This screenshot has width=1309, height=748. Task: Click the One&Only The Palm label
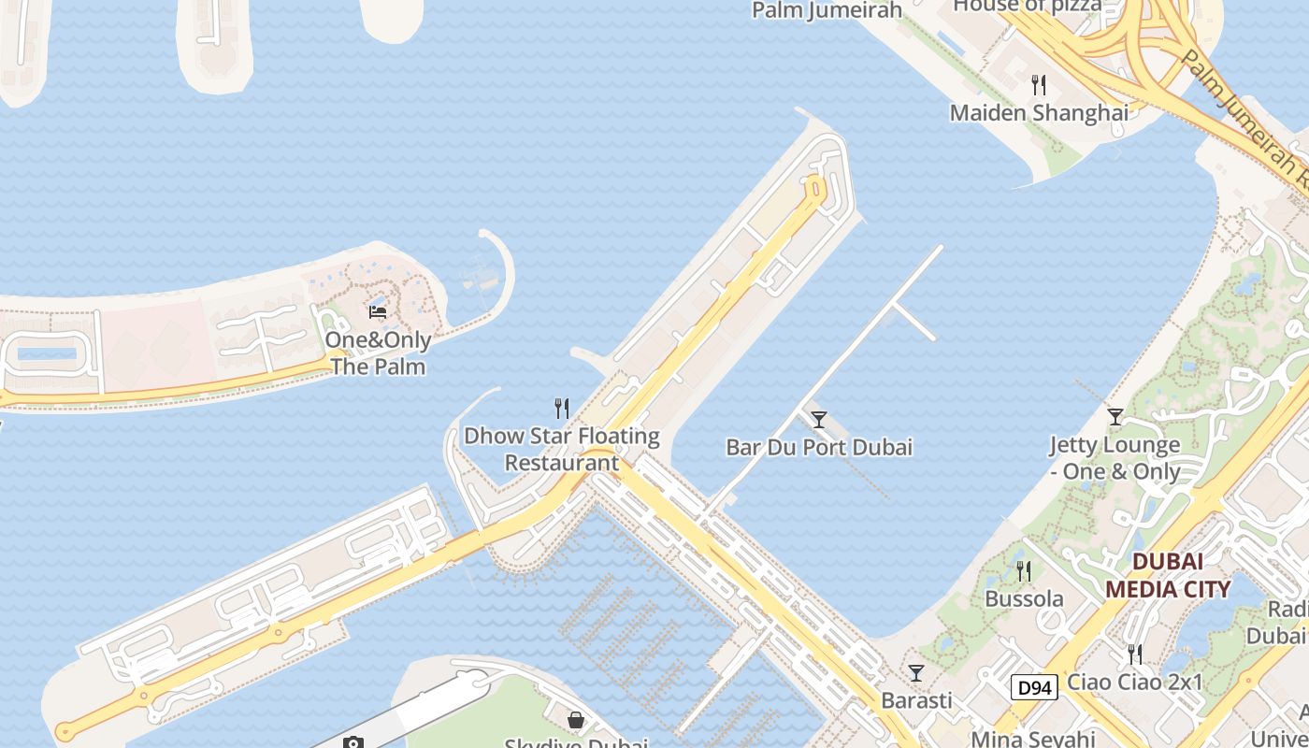(x=378, y=353)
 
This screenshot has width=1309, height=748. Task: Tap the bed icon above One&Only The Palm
(x=378, y=311)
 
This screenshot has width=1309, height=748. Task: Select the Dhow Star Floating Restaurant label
(x=562, y=449)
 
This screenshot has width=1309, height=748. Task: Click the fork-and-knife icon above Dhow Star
(x=562, y=409)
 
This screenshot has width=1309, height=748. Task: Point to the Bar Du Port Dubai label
(x=819, y=447)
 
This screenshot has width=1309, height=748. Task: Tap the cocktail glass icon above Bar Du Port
(x=819, y=420)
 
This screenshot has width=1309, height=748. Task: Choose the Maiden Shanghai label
(x=1039, y=113)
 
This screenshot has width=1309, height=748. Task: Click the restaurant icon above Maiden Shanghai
(x=1039, y=86)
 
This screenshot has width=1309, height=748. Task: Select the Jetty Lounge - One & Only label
(x=1115, y=458)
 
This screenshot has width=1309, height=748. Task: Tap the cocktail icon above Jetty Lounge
(x=1115, y=417)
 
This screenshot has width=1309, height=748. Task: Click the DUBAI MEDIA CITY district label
(x=1168, y=575)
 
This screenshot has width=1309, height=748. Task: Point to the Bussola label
(x=1024, y=598)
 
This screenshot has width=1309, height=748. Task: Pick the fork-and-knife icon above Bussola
(x=1024, y=570)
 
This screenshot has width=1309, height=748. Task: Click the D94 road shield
(x=1035, y=689)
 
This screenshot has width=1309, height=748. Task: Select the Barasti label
(x=916, y=700)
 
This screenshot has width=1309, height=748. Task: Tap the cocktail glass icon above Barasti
(x=916, y=673)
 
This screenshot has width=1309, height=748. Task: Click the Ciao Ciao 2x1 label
(x=1134, y=682)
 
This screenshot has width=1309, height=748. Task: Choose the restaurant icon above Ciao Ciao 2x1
(x=1134, y=654)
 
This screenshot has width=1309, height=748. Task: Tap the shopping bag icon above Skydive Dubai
(x=576, y=720)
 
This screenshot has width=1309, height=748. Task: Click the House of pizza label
(x=1027, y=7)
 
